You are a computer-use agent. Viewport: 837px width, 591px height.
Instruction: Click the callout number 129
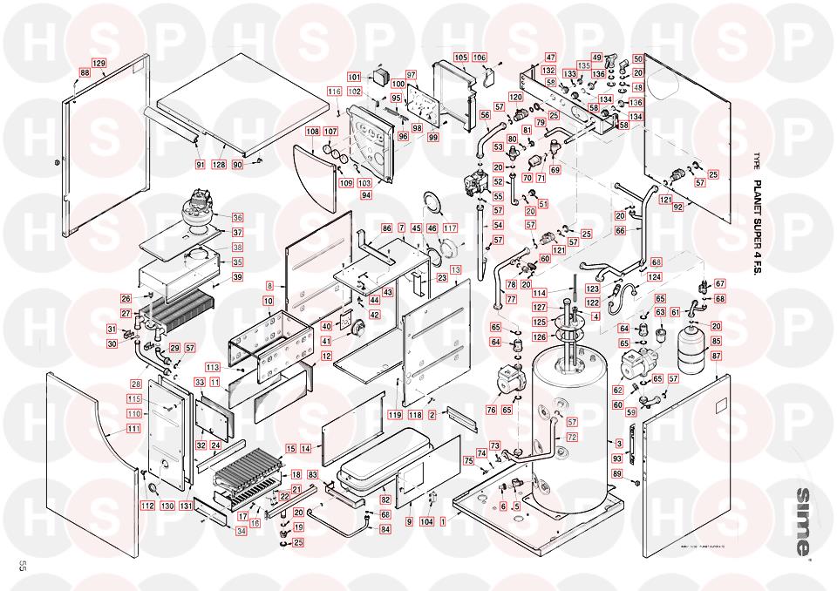[x=99, y=64]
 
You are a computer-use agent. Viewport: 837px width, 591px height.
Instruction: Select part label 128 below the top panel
[x=219, y=165]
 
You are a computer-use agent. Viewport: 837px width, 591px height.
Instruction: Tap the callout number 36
[x=237, y=217]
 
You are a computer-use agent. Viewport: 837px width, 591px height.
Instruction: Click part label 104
[x=426, y=521]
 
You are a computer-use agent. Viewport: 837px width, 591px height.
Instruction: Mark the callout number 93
[x=617, y=458]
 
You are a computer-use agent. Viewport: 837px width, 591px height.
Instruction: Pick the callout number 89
[x=617, y=473]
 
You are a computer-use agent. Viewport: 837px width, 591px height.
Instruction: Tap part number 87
[x=717, y=356]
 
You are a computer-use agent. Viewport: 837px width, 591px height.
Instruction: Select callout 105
[x=460, y=58]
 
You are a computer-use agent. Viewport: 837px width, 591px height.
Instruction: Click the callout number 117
[x=449, y=228]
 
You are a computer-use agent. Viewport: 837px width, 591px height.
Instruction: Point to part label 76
[x=492, y=411]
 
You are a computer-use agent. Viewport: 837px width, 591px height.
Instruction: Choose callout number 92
[x=677, y=207]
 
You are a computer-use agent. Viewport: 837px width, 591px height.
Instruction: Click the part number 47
[x=550, y=58]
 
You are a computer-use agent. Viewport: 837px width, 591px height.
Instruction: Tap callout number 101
[x=354, y=77]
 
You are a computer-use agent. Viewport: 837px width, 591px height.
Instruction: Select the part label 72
[x=572, y=436]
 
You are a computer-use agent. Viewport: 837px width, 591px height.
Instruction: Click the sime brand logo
[x=800, y=521]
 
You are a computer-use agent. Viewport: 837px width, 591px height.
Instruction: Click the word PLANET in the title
[x=757, y=200]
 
